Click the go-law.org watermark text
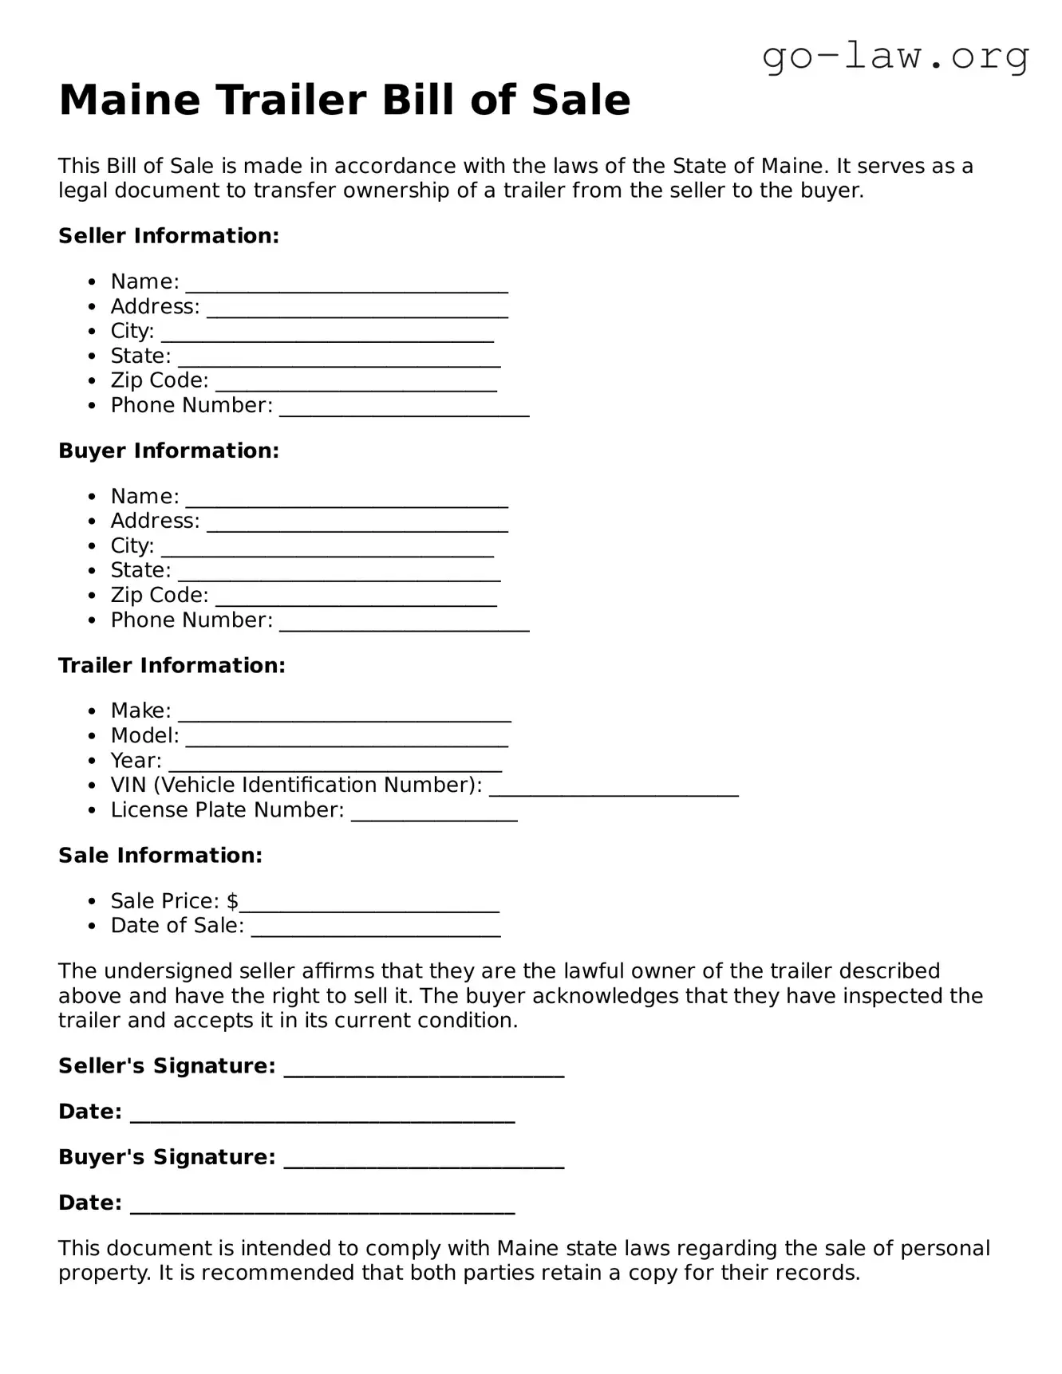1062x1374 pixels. pyautogui.click(x=895, y=57)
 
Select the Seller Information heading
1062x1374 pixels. pyautogui.click(x=168, y=236)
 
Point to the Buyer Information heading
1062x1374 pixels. pyautogui.click(x=168, y=451)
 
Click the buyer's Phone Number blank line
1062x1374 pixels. pyautogui.click(x=404, y=623)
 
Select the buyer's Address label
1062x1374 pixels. pyautogui.click(x=155, y=521)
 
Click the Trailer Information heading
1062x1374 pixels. pyautogui.click(x=172, y=665)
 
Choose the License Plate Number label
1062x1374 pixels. pyautogui.click(x=227, y=810)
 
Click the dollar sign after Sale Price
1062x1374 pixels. pyautogui.click(x=232, y=901)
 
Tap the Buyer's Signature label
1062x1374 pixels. pyautogui.click(x=167, y=1157)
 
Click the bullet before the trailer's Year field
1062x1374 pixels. pyautogui.click(x=93, y=761)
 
